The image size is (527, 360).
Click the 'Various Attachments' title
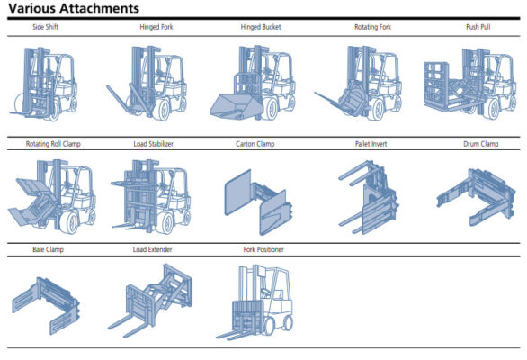(74, 8)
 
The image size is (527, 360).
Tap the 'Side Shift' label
(45, 27)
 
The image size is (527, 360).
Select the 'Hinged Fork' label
(156, 27)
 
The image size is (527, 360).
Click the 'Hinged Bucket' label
(261, 27)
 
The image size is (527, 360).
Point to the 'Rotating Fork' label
(372, 27)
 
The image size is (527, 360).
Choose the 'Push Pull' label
(478, 27)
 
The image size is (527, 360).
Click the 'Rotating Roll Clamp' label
(53, 144)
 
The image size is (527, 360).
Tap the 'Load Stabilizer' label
(153, 144)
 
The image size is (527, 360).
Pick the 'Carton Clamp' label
(255, 144)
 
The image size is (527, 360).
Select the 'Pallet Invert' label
(371, 144)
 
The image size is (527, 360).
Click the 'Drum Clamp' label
(480, 144)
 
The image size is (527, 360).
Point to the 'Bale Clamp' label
(48, 249)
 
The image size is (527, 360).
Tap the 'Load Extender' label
(152, 249)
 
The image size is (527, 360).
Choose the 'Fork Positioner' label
(263, 249)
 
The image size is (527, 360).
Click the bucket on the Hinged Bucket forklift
(236, 107)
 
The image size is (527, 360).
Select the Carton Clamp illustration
(258, 202)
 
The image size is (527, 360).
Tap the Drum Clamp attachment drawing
(476, 197)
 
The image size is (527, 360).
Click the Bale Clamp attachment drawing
(47, 305)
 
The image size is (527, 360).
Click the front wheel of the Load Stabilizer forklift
(165, 223)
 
